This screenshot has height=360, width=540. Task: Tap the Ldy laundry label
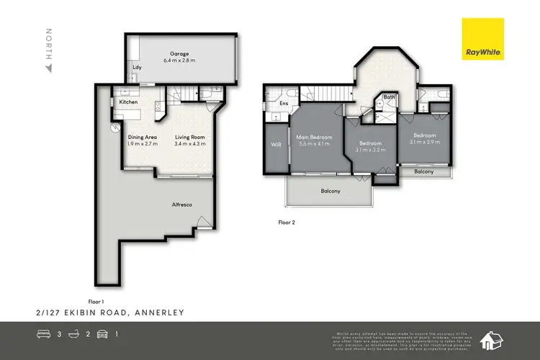pyautogui.click(x=137, y=68)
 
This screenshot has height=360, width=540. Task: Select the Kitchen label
pyautogui.click(x=128, y=103)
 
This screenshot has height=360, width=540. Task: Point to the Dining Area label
pyautogui.click(x=142, y=137)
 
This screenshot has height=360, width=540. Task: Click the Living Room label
pyautogui.click(x=191, y=137)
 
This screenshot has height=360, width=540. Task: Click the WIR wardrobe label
pyautogui.click(x=276, y=145)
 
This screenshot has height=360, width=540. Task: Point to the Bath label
pyautogui.click(x=389, y=97)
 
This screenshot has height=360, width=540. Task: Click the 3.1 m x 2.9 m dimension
pyautogui.click(x=425, y=143)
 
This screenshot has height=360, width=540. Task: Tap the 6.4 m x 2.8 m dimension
pyautogui.click(x=179, y=60)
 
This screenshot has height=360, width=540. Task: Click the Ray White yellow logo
pyautogui.click(x=484, y=39)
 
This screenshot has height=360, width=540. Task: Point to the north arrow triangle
pyautogui.click(x=49, y=69)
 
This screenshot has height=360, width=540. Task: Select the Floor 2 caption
pyautogui.click(x=287, y=222)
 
